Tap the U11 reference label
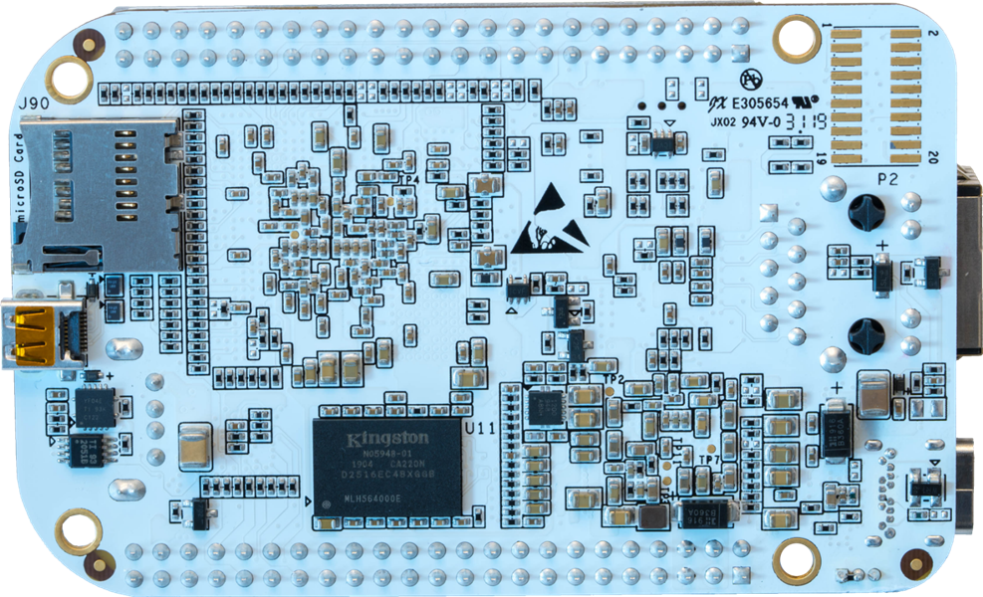tap(482, 427)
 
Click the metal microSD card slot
tap(95, 194)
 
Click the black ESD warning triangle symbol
tap(550, 218)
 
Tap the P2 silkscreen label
tap(886, 180)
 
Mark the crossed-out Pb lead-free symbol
tap(753, 79)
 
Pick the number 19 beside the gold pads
tap(823, 157)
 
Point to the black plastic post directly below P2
tap(868, 212)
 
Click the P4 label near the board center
tap(406, 178)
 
